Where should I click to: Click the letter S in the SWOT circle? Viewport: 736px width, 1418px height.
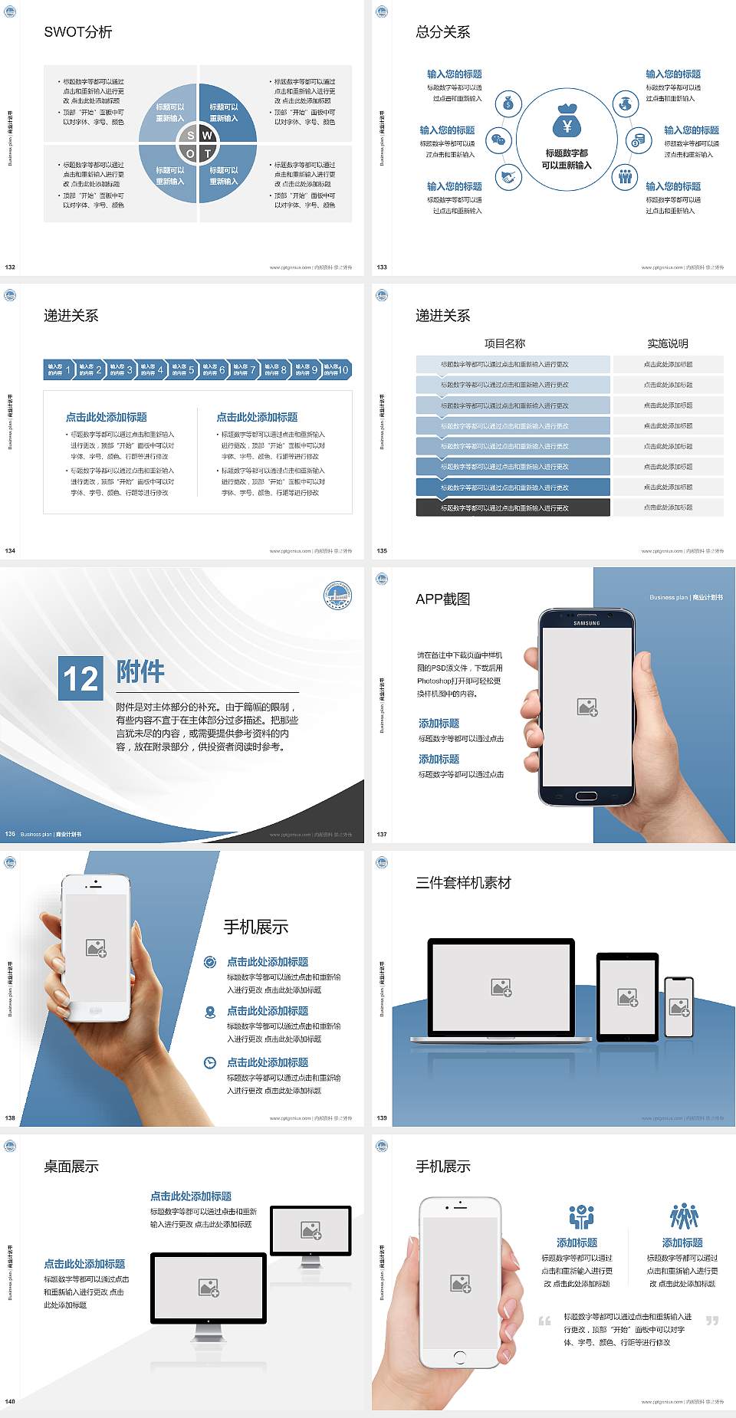[x=191, y=136]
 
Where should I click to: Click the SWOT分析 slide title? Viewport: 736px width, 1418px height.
[x=78, y=32]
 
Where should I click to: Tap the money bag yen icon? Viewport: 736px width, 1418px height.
[x=567, y=121]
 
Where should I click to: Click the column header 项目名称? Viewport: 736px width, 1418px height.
[x=504, y=343]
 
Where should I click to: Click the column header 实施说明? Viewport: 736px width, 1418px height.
[x=668, y=343]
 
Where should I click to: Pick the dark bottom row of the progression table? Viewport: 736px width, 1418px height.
[x=513, y=507]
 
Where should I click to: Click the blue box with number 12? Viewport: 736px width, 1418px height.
[x=80, y=678]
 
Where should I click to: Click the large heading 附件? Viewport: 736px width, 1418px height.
[x=140, y=671]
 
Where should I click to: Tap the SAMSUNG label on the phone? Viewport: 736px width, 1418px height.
[x=586, y=623]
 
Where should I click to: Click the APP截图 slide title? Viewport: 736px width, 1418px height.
[x=442, y=599]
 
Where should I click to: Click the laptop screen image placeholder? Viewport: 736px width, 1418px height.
[x=501, y=987]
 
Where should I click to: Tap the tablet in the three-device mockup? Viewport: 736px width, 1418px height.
[x=628, y=996]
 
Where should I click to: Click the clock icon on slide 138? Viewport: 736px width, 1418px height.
[x=210, y=1062]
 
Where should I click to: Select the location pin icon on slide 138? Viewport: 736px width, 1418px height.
[x=210, y=1012]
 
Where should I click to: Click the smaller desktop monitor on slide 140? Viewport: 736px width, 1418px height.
[x=310, y=1231]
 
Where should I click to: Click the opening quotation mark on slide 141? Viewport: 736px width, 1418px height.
[x=544, y=1321]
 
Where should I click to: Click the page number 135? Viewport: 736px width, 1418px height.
[x=382, y=551]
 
